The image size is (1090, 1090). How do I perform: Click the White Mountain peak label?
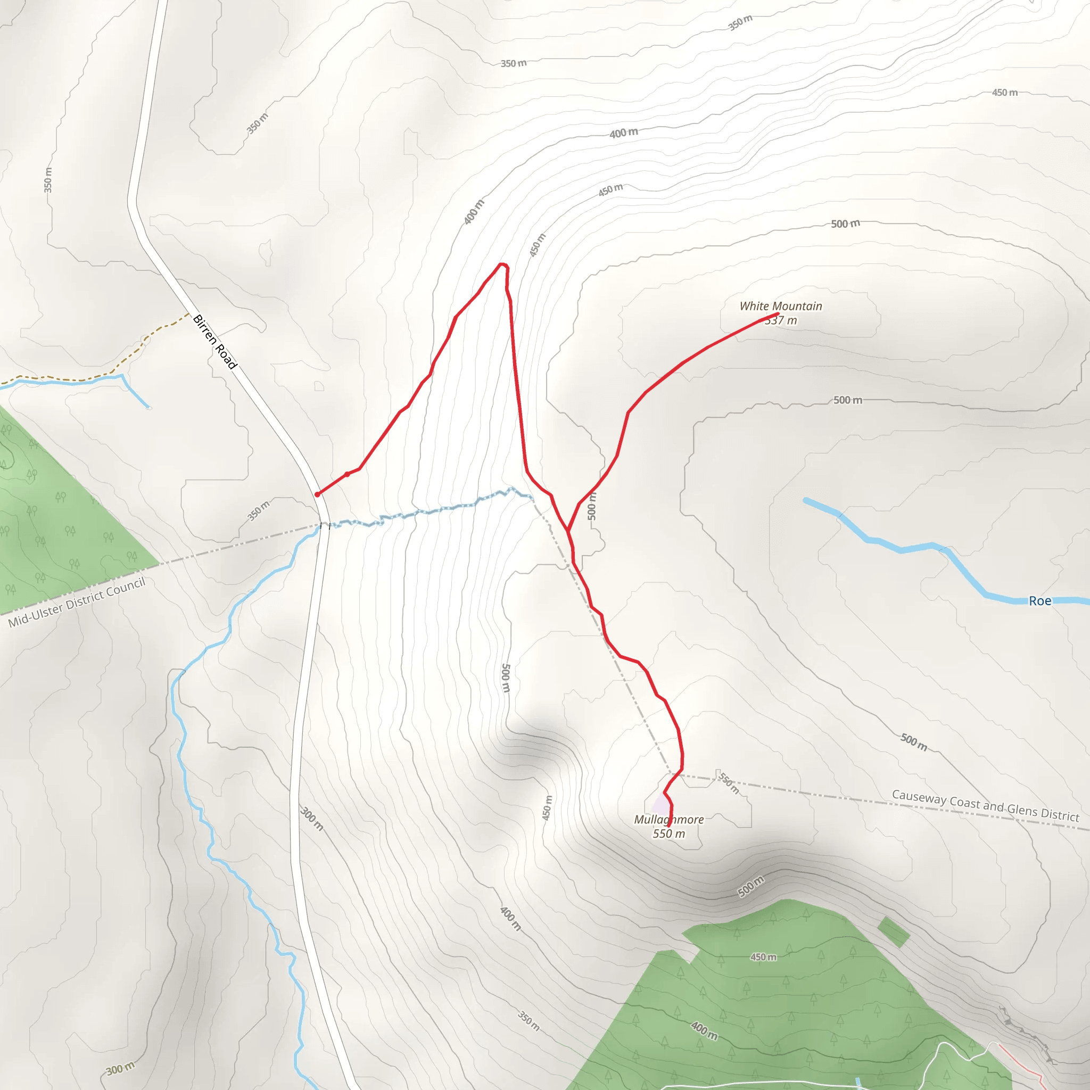pyautogui.click(x=781, y=307)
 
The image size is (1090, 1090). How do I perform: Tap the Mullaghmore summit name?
pyautogui.click(x=668, y=819)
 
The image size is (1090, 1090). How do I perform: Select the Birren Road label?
pyautogui.click(x=215, y=342)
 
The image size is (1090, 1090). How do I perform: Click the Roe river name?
pyautogui.click(x=1040, y=601)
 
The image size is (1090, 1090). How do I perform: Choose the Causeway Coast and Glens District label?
pyautogui.click(x=985, y=806)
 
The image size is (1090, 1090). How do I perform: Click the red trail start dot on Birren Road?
pyautogui.click(x=318, y=494)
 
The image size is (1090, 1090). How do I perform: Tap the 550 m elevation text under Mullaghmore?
pyautogui.click(x=668, y=834)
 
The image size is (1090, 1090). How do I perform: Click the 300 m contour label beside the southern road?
pyautogui.click(x=312, y=819)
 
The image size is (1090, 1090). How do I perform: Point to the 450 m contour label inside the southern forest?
pyautogui.click(x=763, y=957)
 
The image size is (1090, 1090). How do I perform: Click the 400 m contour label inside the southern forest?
pyautogui.click(x=704, y=1031)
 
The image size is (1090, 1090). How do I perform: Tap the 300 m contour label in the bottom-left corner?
pyautogui.click(x=121, y=1069)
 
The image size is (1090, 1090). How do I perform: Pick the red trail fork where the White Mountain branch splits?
pyautogui.click(x=568, y=531)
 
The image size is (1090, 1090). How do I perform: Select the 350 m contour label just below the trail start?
pyautogui.click(x=258, y=510)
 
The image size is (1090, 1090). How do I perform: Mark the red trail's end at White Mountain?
pyautogui.click(x=778, y=313)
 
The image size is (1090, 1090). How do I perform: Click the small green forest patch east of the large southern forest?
pyautogui.click(x=894, y=932)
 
